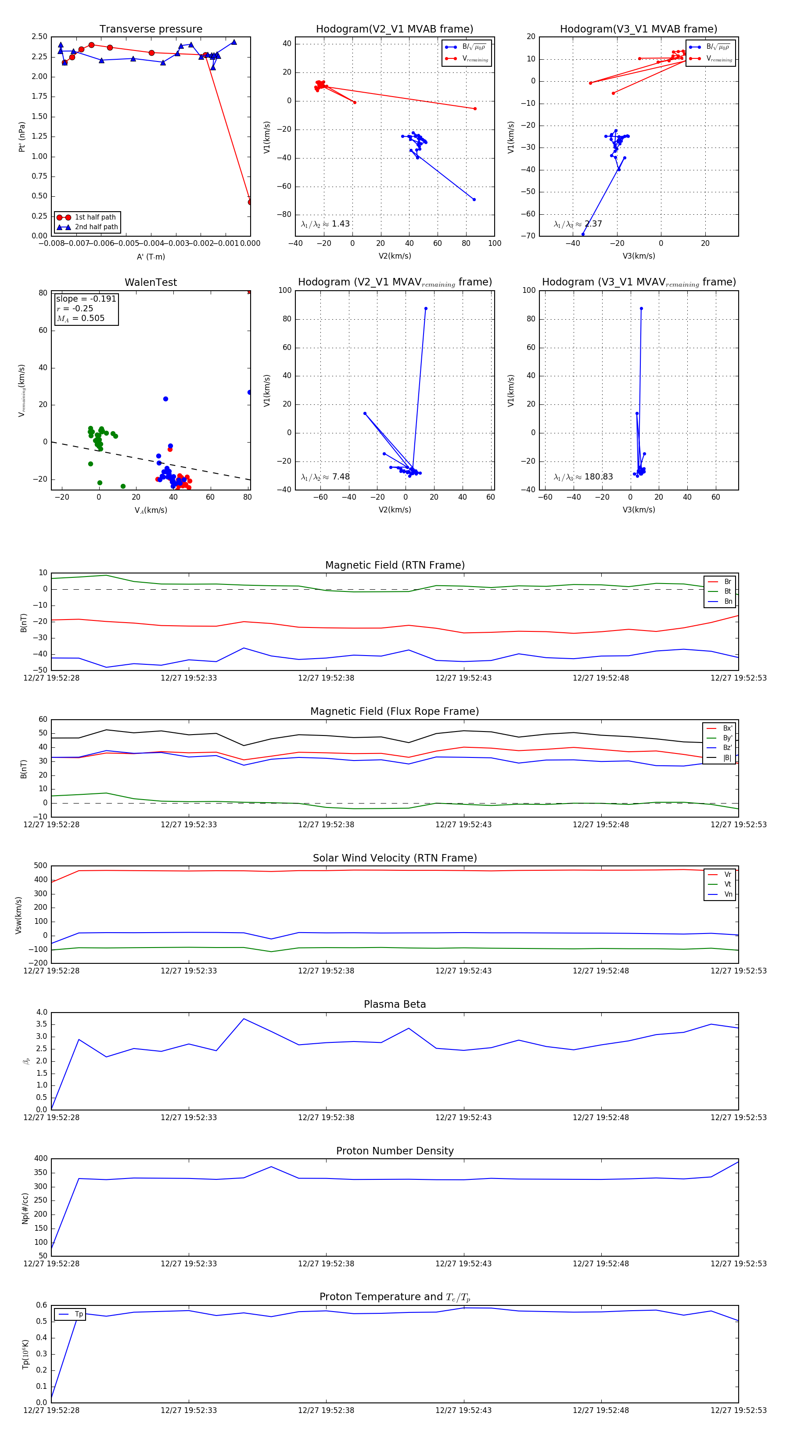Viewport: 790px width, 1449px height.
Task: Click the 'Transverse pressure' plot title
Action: click(x=151, y=29)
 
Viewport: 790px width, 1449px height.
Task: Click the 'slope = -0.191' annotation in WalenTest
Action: click(x=86, y=299)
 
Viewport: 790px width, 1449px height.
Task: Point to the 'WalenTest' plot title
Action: click(x=151, y=282)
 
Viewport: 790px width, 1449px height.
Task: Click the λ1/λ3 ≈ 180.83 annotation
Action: click(x=583, y=477)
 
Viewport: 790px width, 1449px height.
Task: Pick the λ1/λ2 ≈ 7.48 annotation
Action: click(x=325, y=477)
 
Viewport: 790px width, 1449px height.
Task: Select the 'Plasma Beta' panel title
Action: click(x=395, y=1004)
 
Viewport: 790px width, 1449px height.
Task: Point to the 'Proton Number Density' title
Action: click(x=395, y=1151)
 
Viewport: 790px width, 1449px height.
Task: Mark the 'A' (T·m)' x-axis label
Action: click(x=151, y=257)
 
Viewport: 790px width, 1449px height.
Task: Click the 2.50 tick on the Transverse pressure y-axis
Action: click(x=39, y=36)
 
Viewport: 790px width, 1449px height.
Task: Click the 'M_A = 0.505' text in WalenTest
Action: click(x=80, y=318)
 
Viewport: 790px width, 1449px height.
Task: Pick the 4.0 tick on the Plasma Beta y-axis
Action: click(x=42, y=1012)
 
